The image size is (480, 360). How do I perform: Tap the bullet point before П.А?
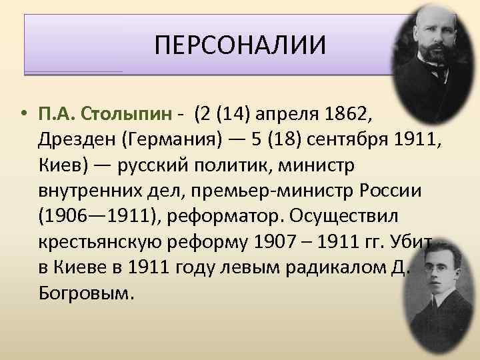[x=24, y=113]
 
